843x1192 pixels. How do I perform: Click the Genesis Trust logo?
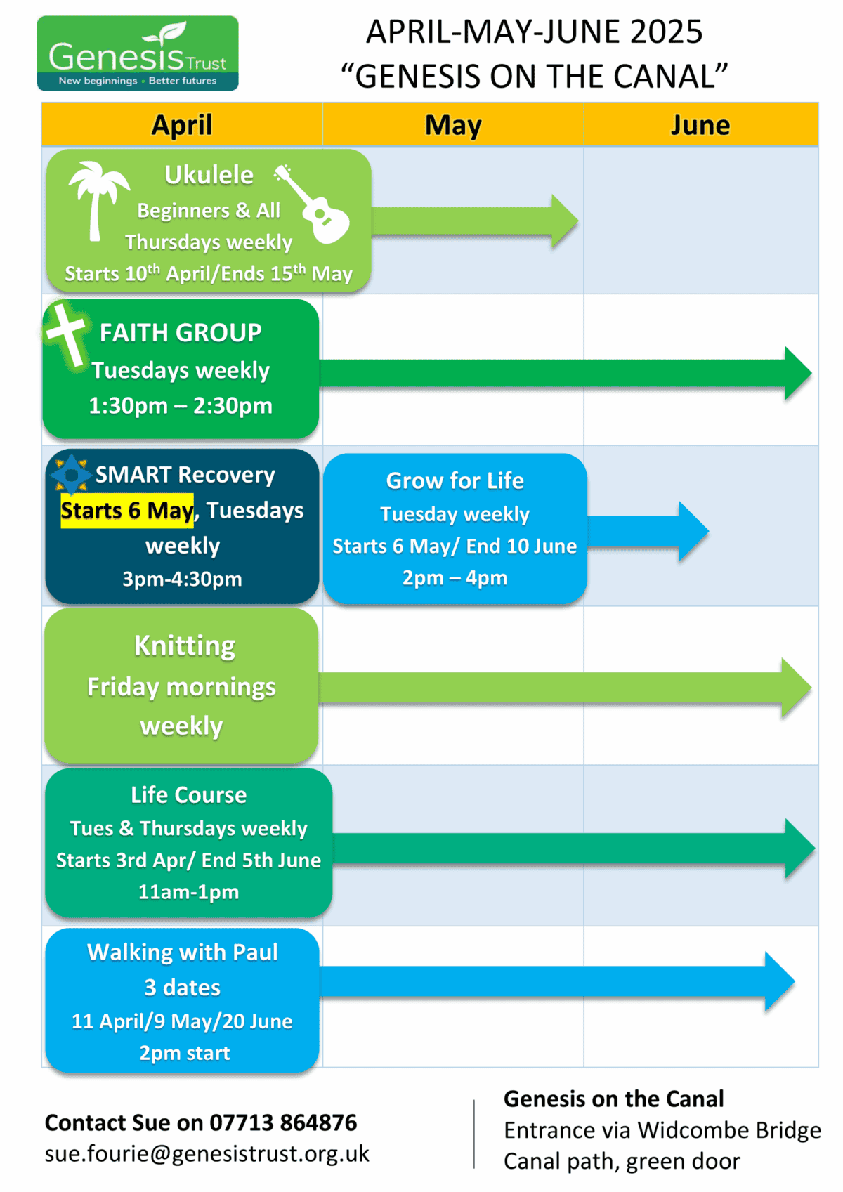(x=138, y=53)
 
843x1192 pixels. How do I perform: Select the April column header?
(x=182, y=125)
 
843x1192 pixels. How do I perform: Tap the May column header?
(x=453, y=125)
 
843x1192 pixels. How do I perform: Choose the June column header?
(x=700, y=125)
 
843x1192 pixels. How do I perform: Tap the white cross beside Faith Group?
(x=66, y=335)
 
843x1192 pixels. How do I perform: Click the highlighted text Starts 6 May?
(x=126, y=511)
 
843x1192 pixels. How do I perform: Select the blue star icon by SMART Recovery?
(x=71, y=475)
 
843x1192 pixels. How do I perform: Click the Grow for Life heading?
(x=455, y=481)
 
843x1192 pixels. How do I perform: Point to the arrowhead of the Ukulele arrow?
(x=564, y=221)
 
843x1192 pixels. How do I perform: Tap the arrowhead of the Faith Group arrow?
(x=797, y=373)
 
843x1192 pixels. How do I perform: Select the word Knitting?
(x=185, y=646)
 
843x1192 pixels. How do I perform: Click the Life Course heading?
(x=188, y=794)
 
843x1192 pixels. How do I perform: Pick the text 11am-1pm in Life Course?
(x=188, y=892)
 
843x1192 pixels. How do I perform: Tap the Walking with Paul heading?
(x=183, y=952)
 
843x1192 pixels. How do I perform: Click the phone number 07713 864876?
(x=283, y=1122)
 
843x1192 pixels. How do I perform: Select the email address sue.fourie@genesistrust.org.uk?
(x=207, y=1154)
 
